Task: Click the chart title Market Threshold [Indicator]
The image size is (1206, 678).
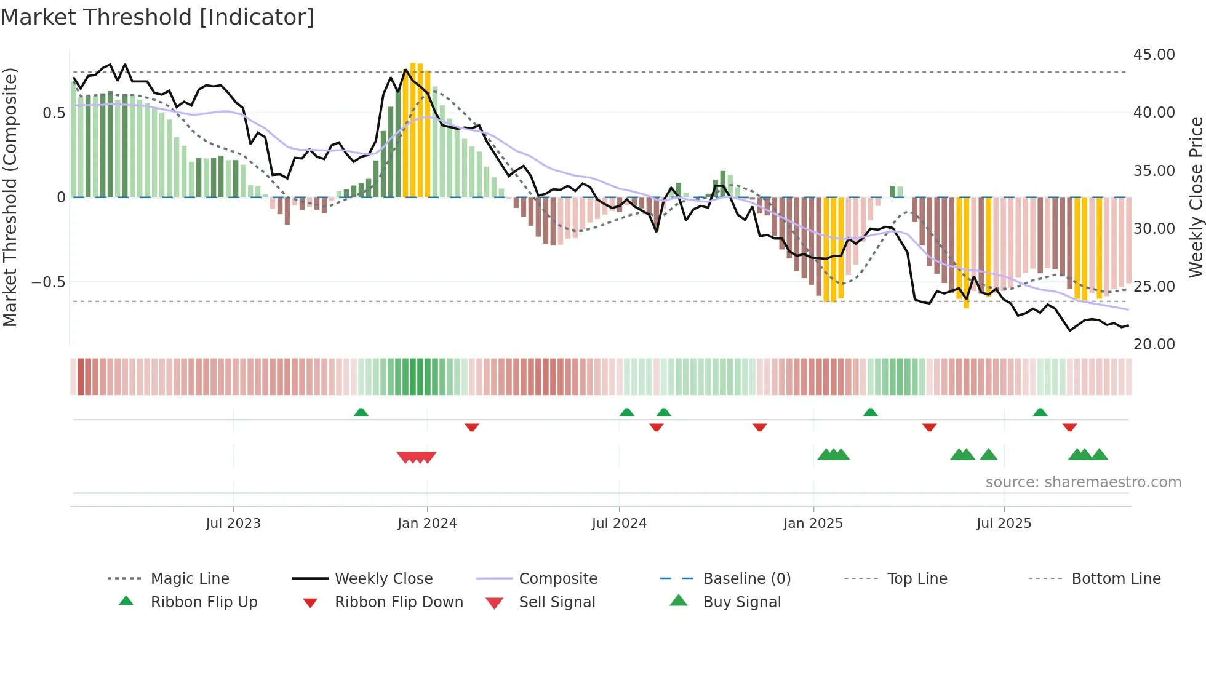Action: pos(158,17)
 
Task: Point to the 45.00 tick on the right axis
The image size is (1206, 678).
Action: pos(1154,55)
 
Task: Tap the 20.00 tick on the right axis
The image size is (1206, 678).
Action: pos(1154,345)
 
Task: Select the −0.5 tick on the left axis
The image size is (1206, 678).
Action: pos(48,282)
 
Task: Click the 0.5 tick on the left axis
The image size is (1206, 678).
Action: pos(54,113)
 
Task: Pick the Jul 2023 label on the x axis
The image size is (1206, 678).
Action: pos(233,524)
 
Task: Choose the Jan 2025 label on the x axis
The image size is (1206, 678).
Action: pos(813,524)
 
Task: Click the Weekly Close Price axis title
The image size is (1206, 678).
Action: pos(1196,197)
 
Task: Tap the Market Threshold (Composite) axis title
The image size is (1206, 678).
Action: pos(10,197)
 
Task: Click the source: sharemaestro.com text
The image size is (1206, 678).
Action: pos(1083,482)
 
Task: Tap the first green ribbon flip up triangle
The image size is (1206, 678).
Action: pos(361,412)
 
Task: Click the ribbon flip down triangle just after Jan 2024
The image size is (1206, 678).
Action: pos(472,427)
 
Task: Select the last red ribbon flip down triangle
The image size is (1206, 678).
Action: pos(1069,427)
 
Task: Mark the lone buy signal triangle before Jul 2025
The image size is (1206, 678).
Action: pos(988,455)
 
